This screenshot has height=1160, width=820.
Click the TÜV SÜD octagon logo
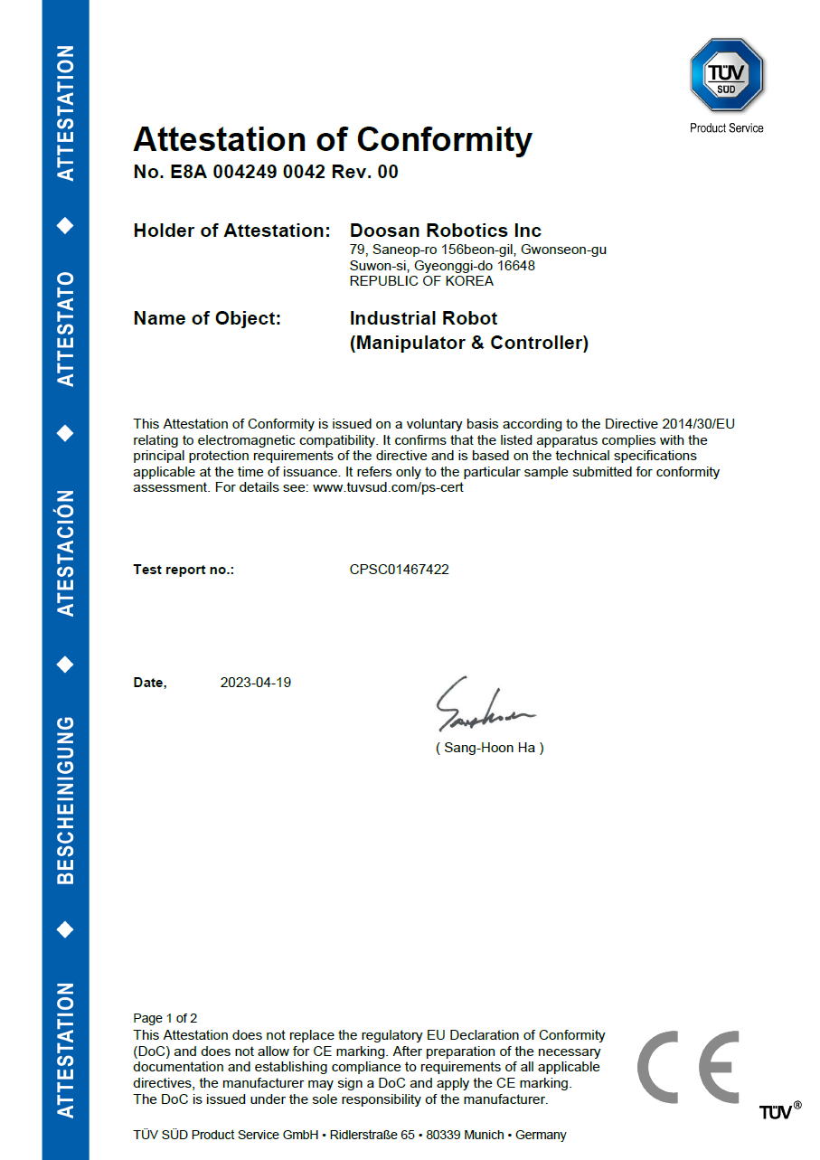pos(727,76)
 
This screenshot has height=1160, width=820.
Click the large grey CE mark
pos(689,1067)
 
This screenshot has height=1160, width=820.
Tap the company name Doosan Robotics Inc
pos(446,231)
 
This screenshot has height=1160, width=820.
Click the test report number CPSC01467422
pos(399,570)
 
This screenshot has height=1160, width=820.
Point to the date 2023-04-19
pos(256,683)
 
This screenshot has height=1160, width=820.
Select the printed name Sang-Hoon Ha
pos(489,748)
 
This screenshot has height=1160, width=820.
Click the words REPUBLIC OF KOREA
pos(421,281)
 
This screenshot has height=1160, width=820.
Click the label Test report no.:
pos(184,570)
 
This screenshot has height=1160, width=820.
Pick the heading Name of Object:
pos(207,318)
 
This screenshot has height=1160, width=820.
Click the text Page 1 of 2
pos(165,1018)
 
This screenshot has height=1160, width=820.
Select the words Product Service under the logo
pos(726,128)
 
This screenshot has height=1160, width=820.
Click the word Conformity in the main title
pos(444,139)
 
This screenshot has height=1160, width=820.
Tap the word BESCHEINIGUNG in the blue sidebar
pos(65,799)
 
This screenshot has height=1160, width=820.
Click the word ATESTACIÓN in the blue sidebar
pos(65,553)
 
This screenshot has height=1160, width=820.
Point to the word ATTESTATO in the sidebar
pos(65,328)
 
